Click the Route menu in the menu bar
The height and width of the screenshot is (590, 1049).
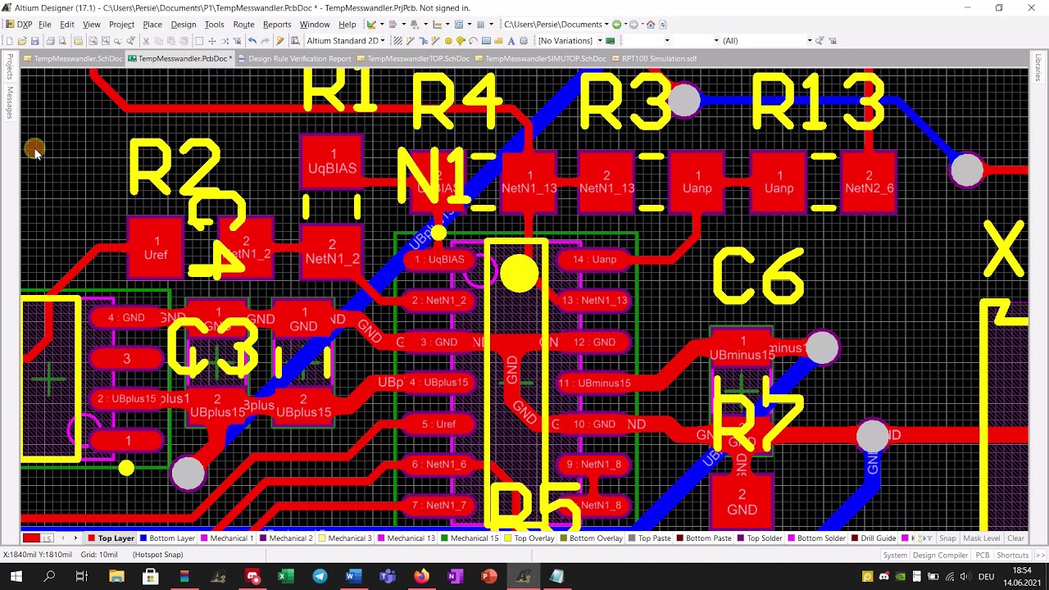pyautogui.click(x=243, y=25)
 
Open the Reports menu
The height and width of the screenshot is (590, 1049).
pyautogui.click(x=277, y=25)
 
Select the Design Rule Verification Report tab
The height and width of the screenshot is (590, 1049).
pyautogui.click(x=299, y=59)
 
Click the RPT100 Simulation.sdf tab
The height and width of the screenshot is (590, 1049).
pyautogui.click(x=659, y=59)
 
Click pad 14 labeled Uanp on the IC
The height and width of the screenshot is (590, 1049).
pyautogui.click(x=595, y=260)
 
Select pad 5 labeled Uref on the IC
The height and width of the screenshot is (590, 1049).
pyautogui.click(x=439, y=424)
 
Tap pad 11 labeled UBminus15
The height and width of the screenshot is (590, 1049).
pyautogui.click(x=595, y=383)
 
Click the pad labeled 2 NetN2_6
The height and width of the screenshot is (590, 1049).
pyautogui.click(x=869, y=182)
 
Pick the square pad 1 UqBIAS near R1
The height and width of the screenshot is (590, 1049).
pyautogui.click(x=332, y=161)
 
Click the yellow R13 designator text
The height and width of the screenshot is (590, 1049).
pyautogui.click(x=817, y=102)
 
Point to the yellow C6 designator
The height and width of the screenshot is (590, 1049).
pyautogui.click(x=758, y=277)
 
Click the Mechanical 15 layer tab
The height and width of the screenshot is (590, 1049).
pyautogui.click(x=475, y=538)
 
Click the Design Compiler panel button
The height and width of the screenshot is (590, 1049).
pyautogui.click(x=940, y=555)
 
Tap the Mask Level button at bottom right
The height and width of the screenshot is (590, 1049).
pyautogui.click(x=981, y=538)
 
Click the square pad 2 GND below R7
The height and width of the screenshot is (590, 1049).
pyautogui.click(x=742, y=501)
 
